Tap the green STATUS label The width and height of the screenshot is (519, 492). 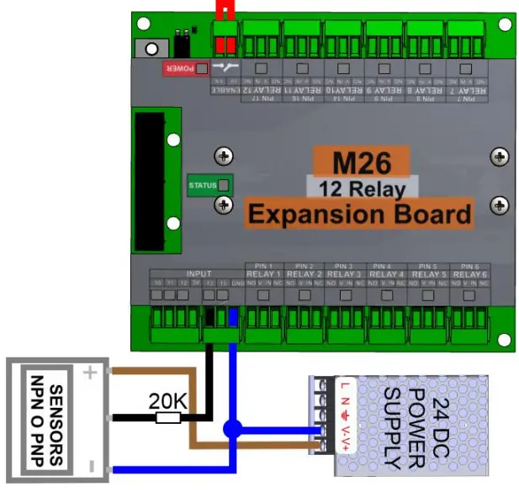click(203, 186)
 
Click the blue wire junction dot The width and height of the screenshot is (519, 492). click(230, 429)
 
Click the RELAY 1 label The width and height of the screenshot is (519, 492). click(262, 274)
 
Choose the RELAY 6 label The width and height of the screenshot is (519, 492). click(469, 274)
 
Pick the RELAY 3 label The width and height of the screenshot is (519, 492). click(345, 274)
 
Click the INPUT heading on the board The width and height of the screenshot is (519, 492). click(199, 273)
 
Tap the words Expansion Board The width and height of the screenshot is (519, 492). click(359, 214)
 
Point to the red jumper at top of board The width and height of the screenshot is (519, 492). click(224, 10)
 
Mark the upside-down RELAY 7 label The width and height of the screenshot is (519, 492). click(469, 88)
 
